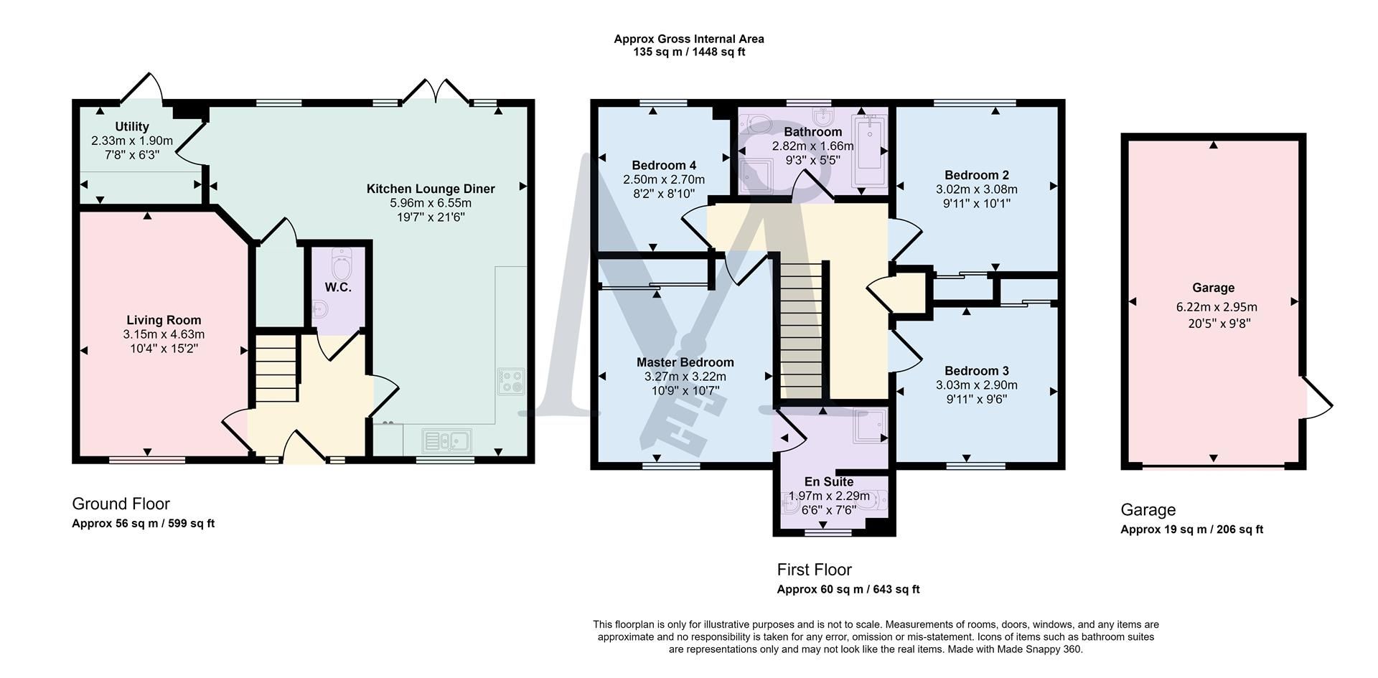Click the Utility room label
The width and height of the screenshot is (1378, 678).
coord(131,127)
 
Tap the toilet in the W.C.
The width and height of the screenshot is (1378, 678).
coord(344,265)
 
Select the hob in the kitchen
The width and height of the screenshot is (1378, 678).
coord(511,381)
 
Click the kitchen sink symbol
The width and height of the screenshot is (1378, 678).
coord(446,440)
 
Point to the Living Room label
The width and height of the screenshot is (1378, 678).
coord(164,320)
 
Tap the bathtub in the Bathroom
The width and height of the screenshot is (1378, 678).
coord(868,151)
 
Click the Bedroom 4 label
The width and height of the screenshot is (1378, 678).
coord(664,165)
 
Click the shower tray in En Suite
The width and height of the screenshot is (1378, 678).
coord(871,426)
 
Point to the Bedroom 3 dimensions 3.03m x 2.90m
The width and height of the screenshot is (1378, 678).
coord(976,385)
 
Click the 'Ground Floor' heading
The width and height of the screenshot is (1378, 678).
coord(121,504)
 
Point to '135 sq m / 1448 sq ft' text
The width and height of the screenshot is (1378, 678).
coord(688,52)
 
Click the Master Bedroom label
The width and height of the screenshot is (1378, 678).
coord(685,362)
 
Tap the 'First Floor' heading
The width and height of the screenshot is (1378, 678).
coord(814,570)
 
